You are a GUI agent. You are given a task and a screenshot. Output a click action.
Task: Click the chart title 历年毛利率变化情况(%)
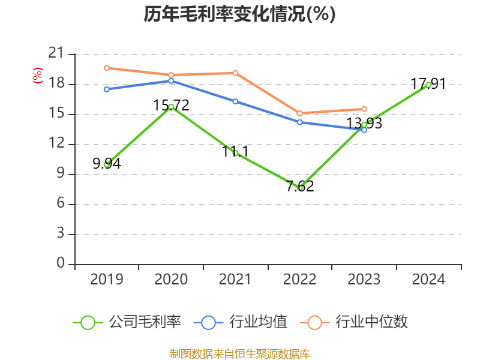239,14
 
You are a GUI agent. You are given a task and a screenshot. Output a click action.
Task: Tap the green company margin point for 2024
428,85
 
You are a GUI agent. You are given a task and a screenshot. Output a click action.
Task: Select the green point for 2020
171,107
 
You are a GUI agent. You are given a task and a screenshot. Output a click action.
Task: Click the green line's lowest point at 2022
300,188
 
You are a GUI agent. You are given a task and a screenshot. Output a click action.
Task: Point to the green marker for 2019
107,164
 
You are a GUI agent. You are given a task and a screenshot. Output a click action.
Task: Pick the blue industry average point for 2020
171,80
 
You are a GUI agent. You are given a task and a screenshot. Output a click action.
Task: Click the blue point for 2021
235,101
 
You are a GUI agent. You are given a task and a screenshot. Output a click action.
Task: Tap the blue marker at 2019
107,89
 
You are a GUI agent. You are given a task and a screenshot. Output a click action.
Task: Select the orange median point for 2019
107,68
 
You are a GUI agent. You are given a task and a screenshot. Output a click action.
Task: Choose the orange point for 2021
235,73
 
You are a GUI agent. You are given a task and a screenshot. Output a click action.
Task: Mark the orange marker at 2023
364,109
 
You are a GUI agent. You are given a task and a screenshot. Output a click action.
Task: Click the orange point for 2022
300,113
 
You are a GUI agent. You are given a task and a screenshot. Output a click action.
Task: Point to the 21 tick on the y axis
56,54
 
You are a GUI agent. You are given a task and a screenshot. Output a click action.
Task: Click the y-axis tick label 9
60,174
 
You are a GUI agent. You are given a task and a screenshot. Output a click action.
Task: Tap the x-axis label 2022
300,280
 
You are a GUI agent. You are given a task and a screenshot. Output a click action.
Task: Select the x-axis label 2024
428,280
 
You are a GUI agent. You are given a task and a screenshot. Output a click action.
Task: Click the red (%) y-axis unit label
38,76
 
